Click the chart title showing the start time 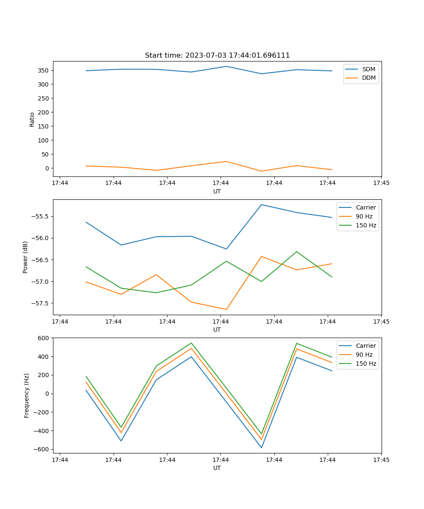coord(217,56)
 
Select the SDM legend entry coord(368,69)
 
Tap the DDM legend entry coord(368,78)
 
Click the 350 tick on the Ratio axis coord(44,70)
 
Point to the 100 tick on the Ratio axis coord(44,140)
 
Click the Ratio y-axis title coord(32,119)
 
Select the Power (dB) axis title coord(25,257)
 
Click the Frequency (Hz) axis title coord(27,395)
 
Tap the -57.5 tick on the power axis coord(40,303)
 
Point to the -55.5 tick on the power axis coord(40,216)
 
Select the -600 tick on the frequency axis coord(43,450)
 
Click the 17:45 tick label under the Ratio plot coord(381,183)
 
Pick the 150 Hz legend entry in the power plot coord(365,225)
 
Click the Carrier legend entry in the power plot coord(365,207)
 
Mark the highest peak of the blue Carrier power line coord(262,204)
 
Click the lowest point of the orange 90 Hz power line coord(226,309)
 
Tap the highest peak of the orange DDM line coord(226,161)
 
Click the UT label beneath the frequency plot coord(217,468)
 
